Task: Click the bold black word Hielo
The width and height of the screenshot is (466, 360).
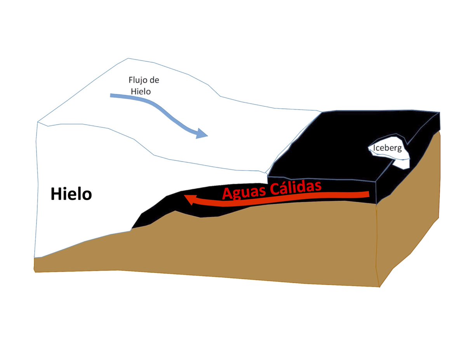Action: [71, 194]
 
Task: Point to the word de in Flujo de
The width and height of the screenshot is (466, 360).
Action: [155, 81]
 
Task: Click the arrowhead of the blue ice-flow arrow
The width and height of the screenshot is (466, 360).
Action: [202, 135]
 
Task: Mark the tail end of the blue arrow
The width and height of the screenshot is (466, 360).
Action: [111, 95]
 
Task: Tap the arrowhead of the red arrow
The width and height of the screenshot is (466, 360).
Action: [189, 200]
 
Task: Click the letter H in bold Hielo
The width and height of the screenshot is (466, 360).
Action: [56, 194]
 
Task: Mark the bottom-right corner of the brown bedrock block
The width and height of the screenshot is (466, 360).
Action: [379, 287]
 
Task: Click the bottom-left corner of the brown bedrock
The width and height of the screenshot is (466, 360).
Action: [35, 271]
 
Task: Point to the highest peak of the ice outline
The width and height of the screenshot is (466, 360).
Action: [128, 59]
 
